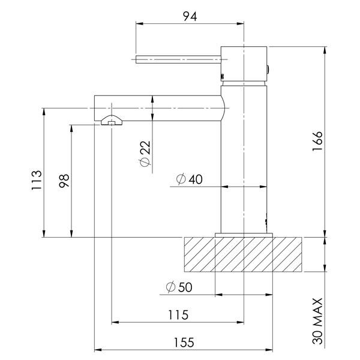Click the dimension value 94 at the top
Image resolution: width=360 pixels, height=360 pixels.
190,16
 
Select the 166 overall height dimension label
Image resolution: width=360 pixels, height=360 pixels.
317,141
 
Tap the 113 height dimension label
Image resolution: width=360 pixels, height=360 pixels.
37,180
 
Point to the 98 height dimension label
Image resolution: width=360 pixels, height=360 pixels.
64,181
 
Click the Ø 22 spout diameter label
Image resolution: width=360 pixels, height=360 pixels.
145,154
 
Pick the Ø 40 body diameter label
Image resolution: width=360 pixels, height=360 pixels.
190,179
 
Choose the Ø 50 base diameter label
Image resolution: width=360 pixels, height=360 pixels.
179,287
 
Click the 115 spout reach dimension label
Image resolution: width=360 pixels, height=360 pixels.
178,315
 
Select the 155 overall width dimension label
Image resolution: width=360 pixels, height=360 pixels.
184,343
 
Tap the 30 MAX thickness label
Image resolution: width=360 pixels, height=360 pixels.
317,321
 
